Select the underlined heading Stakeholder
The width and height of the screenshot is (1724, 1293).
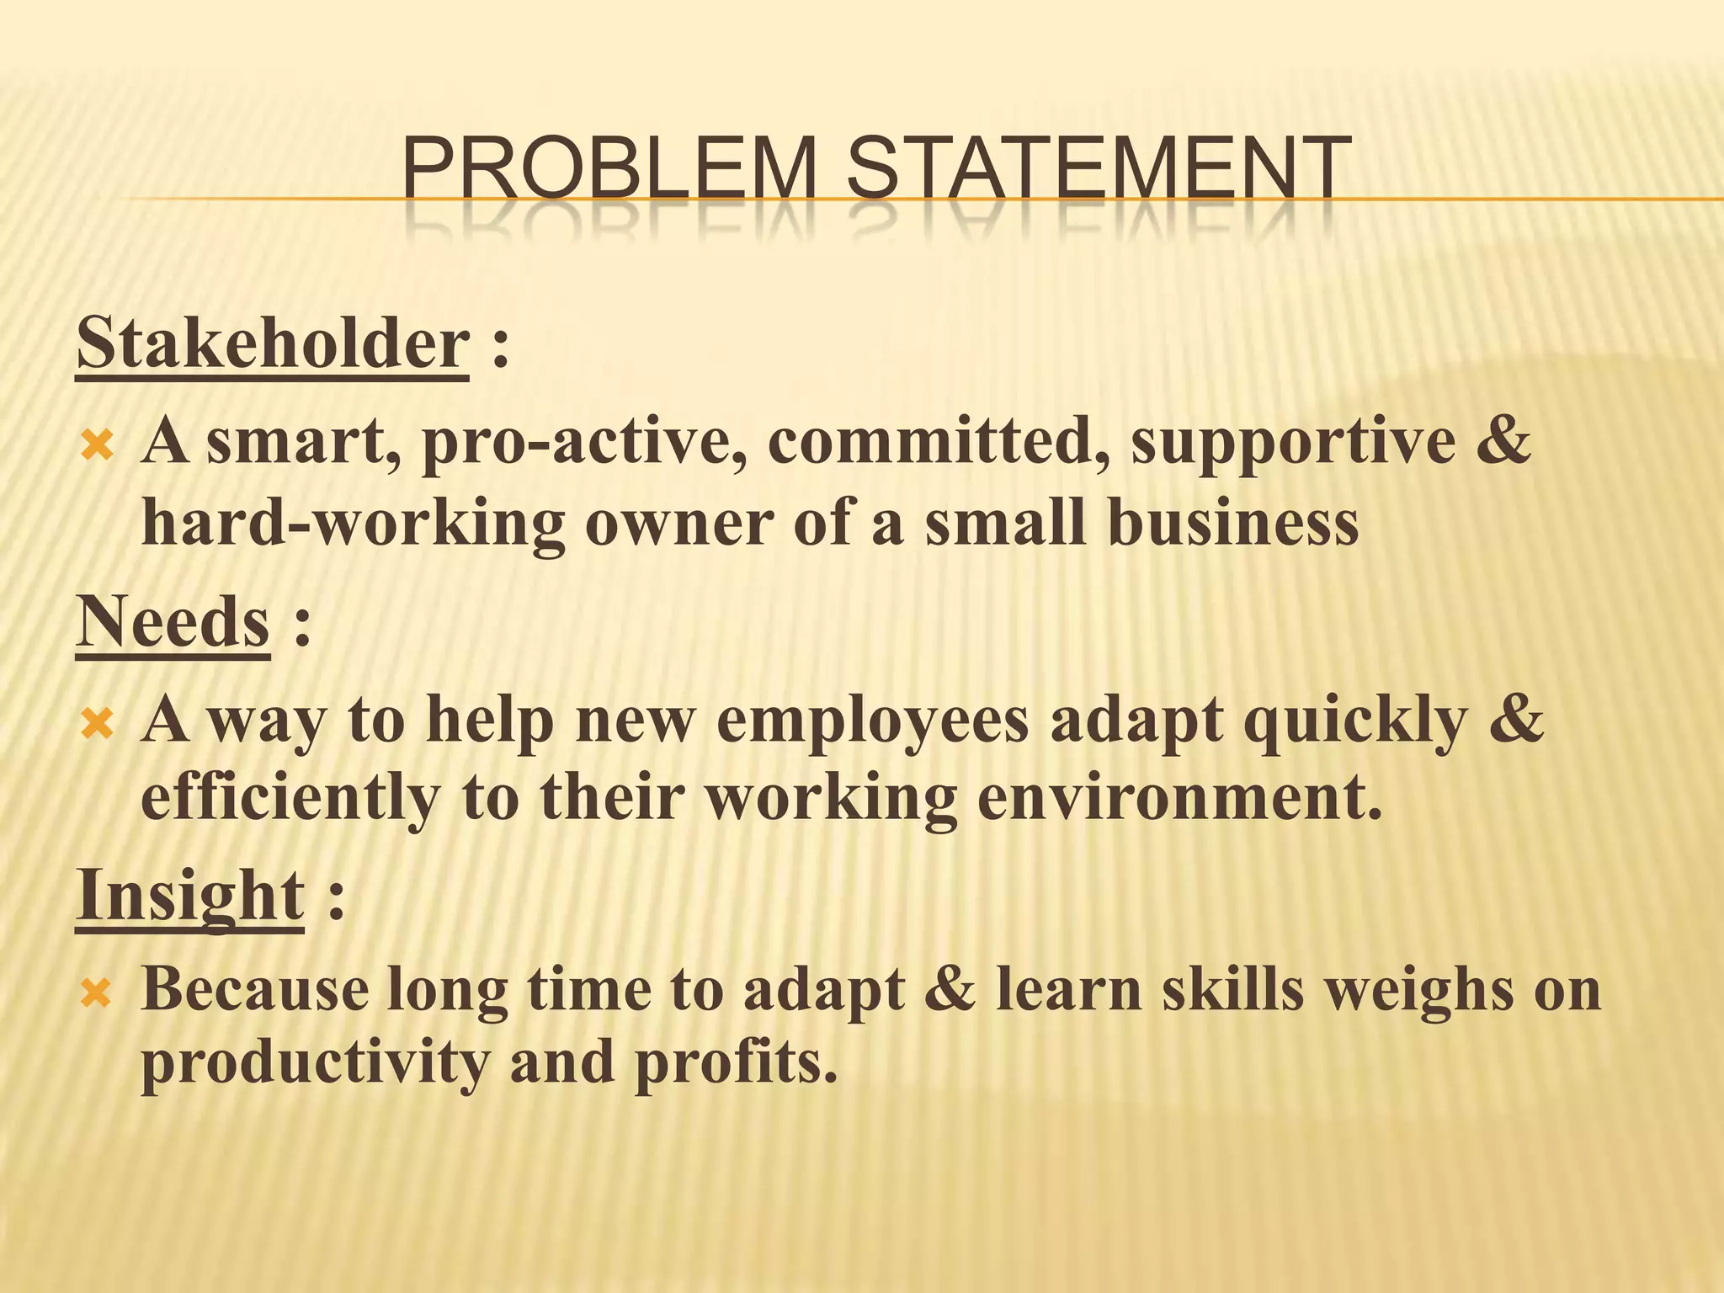pos(272,344)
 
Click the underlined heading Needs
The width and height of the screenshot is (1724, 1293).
pos(173,622)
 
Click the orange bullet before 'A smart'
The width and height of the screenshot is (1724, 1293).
pos(96,444)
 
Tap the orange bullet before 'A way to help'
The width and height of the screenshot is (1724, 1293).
pos(96,722)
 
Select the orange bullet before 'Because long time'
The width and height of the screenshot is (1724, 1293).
pos(96,994)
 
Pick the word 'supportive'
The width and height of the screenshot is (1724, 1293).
pos(1293,444)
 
